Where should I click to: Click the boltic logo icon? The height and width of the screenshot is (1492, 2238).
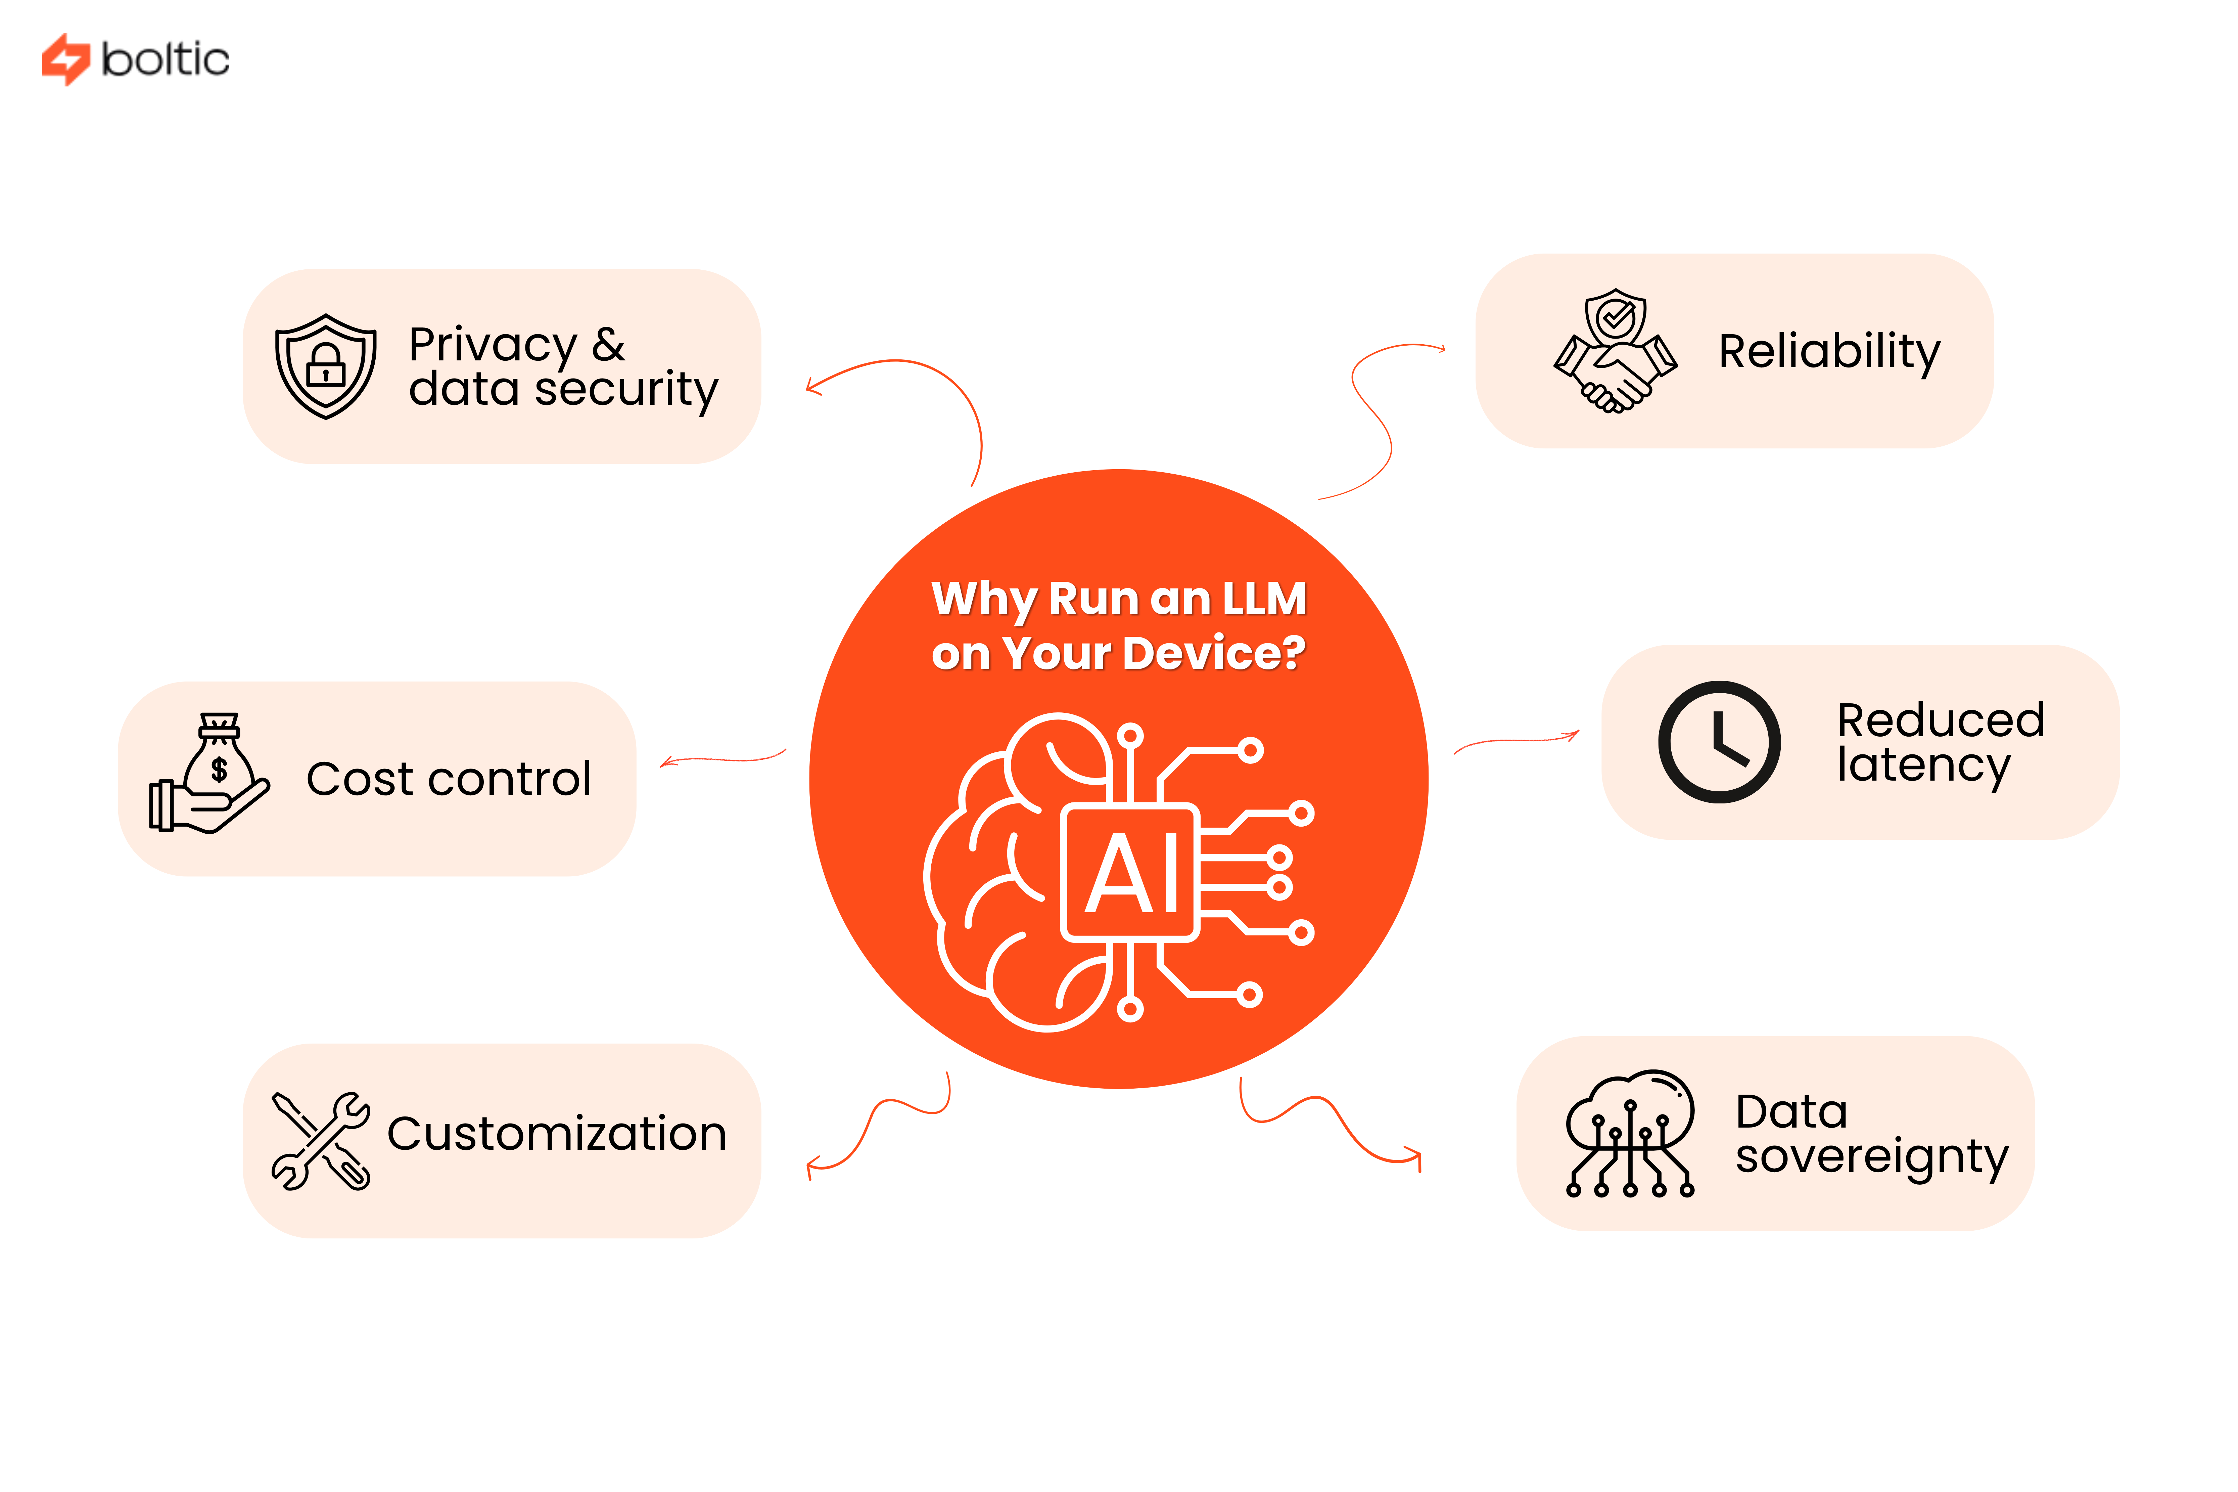(65, 59)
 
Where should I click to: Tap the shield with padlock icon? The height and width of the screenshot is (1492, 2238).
(325, 366)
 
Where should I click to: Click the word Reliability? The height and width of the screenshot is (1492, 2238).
(1828, 352)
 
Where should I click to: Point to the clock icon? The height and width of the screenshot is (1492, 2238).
(1719, 742)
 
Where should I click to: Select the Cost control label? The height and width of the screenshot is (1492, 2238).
(448, 779)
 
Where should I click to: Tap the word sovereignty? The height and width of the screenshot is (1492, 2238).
(1871, 1157)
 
